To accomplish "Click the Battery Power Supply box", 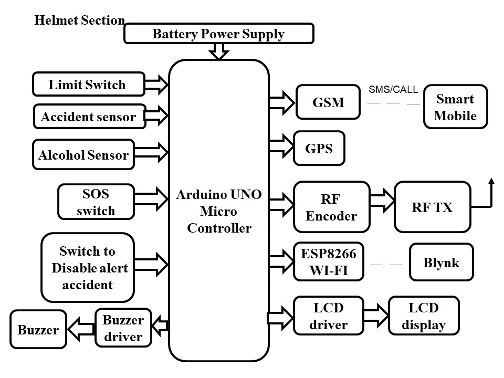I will click(x=218, y=34).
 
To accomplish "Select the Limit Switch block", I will click(x=88, y=84).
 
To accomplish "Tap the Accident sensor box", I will click(x=89, y=117).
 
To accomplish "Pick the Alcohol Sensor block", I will click(x=83, y=154).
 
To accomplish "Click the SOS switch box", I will click(x=95, y=202).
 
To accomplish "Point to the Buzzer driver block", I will click(x=123, y=328).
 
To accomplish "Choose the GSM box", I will click(x=328, y=102).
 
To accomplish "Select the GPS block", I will click(x=319, y=149).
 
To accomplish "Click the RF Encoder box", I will click(x=331, y=207).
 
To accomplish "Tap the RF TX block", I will click(x=432, y=207).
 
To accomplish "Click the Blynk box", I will click(x=441, y=262).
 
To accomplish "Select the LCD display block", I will click(x=424, y=316).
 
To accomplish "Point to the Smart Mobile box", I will click(x=455, y=107).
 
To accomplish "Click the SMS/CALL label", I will click(x=393, y=90).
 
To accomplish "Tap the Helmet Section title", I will click(x=79, y=20).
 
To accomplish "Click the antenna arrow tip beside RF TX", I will click(x=491, y=181).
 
